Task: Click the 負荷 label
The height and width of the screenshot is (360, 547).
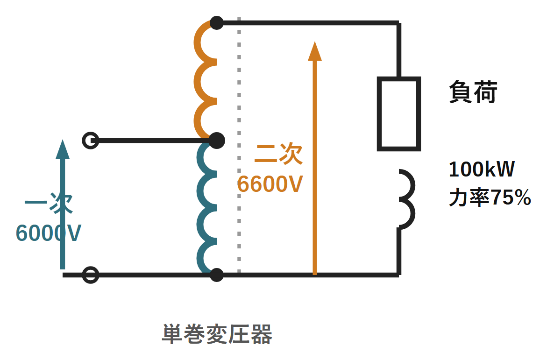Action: [x=473, y=92]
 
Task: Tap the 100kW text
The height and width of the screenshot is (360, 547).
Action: [x=482, y=169]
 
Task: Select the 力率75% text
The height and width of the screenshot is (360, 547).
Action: [x=490, y=198]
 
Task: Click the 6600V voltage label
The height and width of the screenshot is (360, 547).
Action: [x=270, y=184]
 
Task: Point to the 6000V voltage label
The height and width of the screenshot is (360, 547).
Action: [x=49, y=233]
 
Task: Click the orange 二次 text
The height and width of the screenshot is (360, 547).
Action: [x=278, y=154]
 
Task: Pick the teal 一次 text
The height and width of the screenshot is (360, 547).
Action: [x=49, y=203]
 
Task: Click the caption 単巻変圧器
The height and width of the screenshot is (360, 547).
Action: [x=217, y=334]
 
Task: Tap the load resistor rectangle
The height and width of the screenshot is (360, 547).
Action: [x=399, y=114]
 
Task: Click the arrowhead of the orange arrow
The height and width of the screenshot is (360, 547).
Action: [x=315, y=51]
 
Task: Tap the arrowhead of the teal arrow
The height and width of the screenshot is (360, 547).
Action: [x=63, y=149]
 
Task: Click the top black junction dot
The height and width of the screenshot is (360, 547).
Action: [x=217, y=23]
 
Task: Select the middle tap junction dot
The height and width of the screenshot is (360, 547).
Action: [x=217, y=141]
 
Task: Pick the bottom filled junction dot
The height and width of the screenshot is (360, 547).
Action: [x=217, y=275]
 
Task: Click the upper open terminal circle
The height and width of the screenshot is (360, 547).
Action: [x=90, y=141]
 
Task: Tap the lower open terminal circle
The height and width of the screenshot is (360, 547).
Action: [x=90, y=275]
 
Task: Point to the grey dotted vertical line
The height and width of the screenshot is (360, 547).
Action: [x=239, y=145]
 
